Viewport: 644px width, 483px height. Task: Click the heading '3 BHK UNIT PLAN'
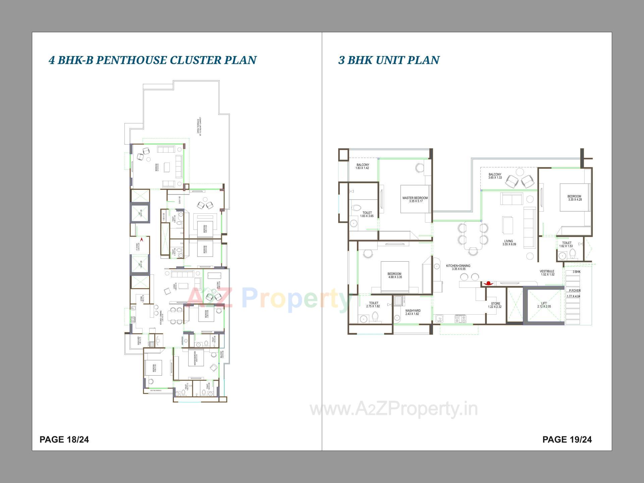tap(389, 60)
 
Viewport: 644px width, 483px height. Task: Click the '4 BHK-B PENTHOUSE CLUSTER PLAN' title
tap(153, 60)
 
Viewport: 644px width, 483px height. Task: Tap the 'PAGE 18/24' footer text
tap(64, 439)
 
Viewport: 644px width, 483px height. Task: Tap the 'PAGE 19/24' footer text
tap(567, 439)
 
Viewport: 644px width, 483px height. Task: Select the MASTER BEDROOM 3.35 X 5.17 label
tap(415, 200)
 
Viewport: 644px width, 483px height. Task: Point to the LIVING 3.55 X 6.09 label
tap(509, 243)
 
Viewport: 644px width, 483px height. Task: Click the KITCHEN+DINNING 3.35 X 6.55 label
tap(458, 267)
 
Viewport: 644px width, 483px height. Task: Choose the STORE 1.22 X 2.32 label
tap(495, 305)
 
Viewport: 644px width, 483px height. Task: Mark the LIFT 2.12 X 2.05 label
tap(544, 305)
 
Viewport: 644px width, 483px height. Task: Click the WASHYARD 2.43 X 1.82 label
tap(413, 312)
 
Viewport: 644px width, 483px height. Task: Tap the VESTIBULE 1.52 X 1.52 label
tap(547, 273)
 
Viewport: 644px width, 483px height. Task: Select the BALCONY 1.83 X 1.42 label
tap(363, 166)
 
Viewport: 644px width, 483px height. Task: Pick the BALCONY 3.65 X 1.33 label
tap(495, 176)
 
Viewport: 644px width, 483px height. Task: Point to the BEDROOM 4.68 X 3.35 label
tap(395, 275)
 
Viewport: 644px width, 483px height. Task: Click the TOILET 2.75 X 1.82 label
tap(373, 305)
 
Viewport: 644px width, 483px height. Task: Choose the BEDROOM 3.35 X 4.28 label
tap(575, 198)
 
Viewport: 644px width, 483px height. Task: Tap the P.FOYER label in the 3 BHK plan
tap(575, 291)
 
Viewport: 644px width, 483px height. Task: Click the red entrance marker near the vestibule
tap(489, 283)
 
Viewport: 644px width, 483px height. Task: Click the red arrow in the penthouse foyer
tap(142, 239)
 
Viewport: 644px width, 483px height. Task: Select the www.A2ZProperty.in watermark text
tap(394, 409)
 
